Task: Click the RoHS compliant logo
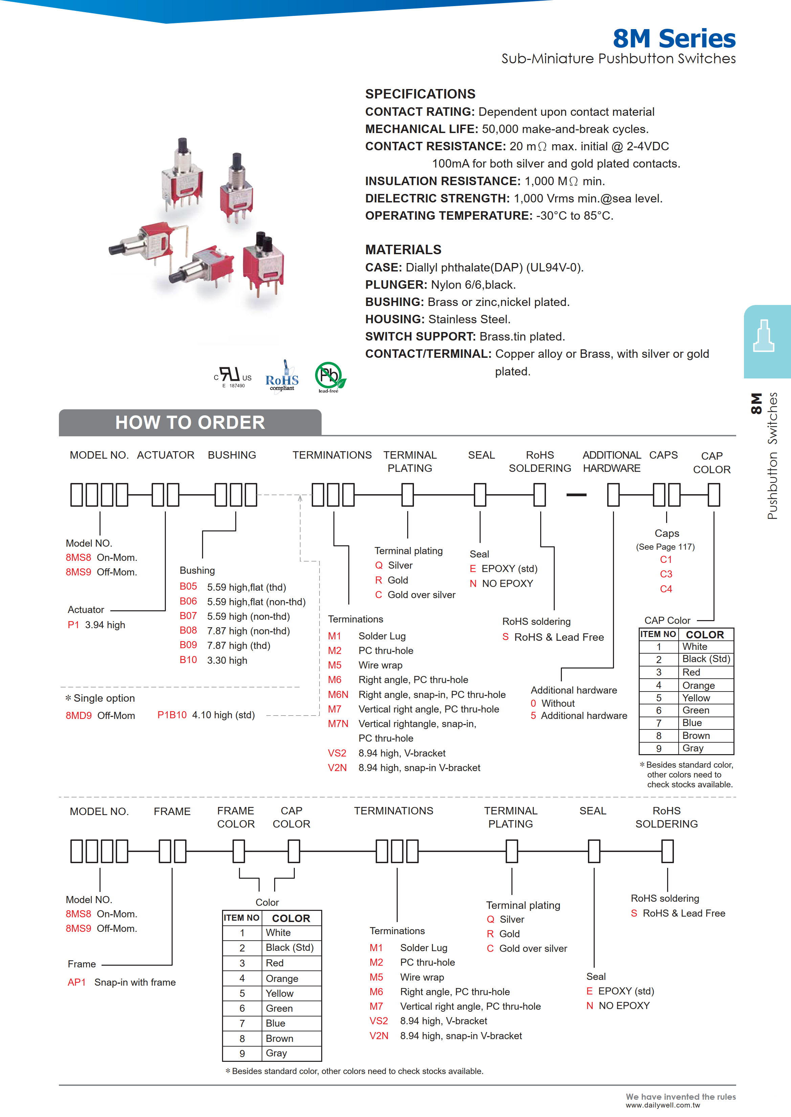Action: [x=282, y=376]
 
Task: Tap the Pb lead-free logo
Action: [x=330, y=376]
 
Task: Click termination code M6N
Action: [x=338, y=694]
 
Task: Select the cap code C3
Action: [x=666, y=574]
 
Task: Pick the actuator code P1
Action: [x=73, y=625]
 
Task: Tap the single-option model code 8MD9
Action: [x=79, y=715]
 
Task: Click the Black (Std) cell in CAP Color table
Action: [x=706, y=659]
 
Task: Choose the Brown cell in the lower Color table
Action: [x=280, y=1038]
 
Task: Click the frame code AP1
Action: [x=76, y=982]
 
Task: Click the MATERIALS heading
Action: [x=403, y=249]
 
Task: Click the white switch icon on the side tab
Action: [x=763, y=336]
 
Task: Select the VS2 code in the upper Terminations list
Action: [x=337, y=753]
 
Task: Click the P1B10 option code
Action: [x=172, y=715]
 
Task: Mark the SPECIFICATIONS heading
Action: [x=420, y=94]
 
